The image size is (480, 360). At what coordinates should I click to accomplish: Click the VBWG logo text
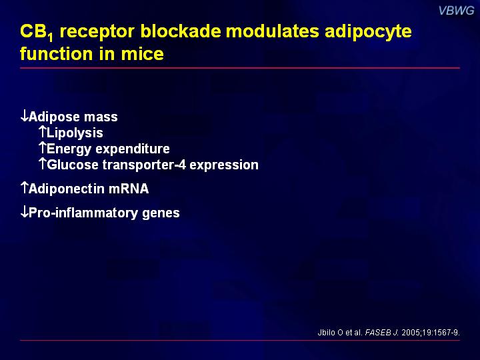point(456,11)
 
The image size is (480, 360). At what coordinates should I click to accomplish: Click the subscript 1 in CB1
point(51,37)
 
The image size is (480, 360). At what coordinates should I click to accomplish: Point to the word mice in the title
point(143,54)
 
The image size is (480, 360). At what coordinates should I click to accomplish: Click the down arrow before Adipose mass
point(24,116)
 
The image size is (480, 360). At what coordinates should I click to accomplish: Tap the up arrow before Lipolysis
point(43,131)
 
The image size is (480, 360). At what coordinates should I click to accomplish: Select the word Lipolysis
point(75,133)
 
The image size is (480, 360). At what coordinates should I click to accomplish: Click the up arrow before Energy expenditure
point(43,148)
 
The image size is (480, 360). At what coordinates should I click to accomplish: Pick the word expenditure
point(133,149)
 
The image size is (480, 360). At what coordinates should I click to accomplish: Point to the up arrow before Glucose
point(43,164)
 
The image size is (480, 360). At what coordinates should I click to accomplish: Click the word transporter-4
point(144,165)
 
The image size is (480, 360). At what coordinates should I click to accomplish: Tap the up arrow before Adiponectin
point(25,187)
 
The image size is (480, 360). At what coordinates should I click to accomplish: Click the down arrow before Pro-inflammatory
point(24,212)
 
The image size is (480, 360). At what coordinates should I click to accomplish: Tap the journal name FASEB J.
point(382,333)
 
